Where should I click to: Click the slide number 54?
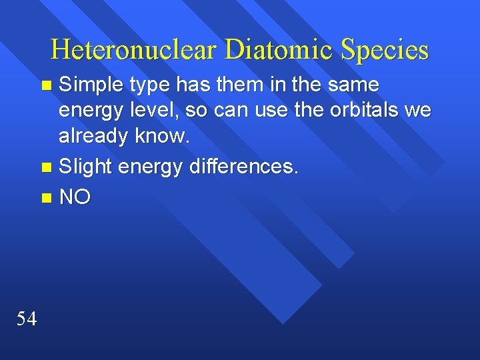pos(27,319)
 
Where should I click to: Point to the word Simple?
pos(91,85)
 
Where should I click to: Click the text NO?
pos(75,197)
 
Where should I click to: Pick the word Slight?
pos(84,167)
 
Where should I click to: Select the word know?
pos(163,136)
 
